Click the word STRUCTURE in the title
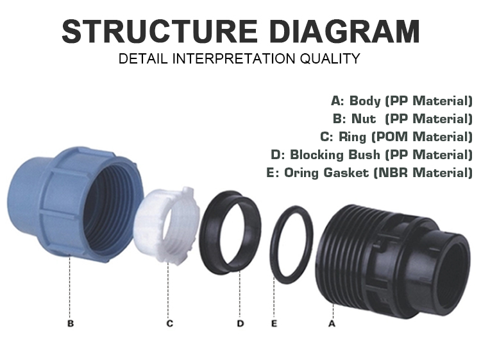[160, 31]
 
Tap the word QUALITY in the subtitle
[330, 58]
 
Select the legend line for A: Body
[402, 101]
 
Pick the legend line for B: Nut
[403, 119]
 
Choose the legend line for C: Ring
[396, 137]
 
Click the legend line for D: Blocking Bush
[372, 155]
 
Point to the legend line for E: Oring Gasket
[369, 173]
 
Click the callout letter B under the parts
[71, 323]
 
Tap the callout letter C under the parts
[170, 323]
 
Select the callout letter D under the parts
[240, 323]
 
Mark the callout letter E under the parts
[274, 323]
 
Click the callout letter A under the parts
[332, 323]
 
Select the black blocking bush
[208, 233]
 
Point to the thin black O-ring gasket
[273, 246]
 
